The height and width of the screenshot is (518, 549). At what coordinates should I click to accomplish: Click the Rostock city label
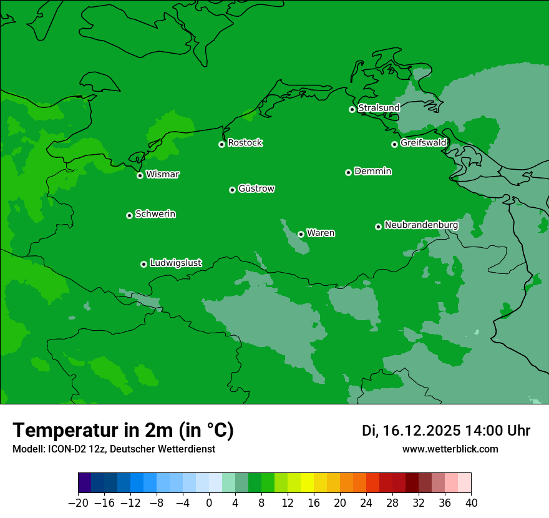245,143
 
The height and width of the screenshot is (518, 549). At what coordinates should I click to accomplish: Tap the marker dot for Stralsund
352,109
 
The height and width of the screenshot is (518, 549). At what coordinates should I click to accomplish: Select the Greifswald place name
423,143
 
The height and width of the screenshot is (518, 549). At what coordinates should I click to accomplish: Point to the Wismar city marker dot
140,175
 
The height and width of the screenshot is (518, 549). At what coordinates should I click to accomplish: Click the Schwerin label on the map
155,214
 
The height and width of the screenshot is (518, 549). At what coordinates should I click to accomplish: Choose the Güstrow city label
256,188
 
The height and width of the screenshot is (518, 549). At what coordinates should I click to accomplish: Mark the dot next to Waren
301,234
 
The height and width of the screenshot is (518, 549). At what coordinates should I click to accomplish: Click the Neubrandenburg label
421,225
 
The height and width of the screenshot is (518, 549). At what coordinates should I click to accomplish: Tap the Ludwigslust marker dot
143,264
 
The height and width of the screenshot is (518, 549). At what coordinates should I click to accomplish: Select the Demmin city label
372,171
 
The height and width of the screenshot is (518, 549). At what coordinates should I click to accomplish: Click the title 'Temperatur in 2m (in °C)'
123,430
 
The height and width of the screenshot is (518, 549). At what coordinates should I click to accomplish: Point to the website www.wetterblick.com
450,449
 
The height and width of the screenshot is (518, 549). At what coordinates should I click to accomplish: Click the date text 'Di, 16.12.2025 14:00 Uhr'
446,431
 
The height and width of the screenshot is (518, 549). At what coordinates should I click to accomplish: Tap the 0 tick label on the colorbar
209,503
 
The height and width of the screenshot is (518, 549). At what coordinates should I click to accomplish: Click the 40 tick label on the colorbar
471,503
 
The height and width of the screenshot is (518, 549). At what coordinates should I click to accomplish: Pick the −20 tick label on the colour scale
78,503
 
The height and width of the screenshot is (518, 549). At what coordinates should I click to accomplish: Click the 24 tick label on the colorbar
366,503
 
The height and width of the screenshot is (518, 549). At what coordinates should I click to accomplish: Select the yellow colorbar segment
307,483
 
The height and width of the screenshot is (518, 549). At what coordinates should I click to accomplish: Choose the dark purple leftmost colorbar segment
85,483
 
